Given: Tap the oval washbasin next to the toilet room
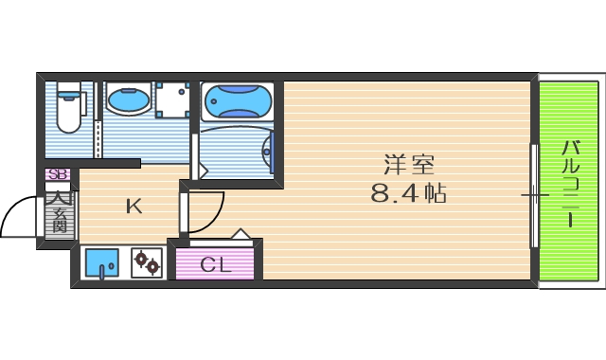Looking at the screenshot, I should pos(126,99).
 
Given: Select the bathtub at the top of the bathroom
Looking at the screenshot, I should pos(237,100).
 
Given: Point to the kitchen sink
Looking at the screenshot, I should pos(99,261).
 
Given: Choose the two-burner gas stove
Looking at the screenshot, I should pos(146,261).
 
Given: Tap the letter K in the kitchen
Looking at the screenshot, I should pos(135,207).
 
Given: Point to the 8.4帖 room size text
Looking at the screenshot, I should pos(408,195).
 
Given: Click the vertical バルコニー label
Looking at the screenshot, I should pos(572,183).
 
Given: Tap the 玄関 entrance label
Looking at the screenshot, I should pos(59,212).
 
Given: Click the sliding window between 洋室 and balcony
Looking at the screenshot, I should pos(533,197).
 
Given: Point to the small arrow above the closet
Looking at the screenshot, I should pos(241,233).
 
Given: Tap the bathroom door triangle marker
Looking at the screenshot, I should pos(198,171).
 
